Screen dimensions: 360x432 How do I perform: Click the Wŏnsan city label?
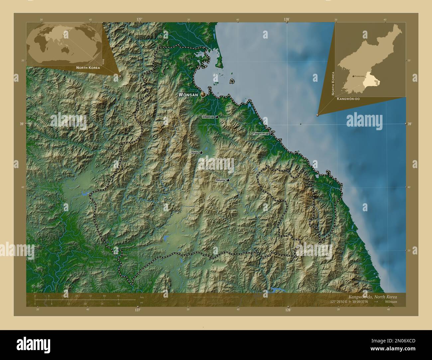tap(188, 95)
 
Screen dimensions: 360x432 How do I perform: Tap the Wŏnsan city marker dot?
tap(203, 95)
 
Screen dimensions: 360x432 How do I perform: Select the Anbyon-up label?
tap(208, 117)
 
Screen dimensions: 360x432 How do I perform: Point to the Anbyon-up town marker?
tap(217, 117)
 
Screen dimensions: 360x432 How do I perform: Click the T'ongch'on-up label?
tap(261, 134)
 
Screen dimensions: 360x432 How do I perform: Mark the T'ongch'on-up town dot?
tap(271, 134)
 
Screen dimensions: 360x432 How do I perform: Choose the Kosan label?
tap(195, 152)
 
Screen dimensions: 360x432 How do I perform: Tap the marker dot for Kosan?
tap(201, 152)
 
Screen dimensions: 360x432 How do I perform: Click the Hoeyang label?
tap(220, 180)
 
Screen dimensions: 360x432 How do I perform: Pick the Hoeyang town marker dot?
tap(228, 180)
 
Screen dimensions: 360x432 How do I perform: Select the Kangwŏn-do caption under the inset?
tap(348, 99)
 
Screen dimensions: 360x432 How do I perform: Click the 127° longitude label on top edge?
tap(139, 20)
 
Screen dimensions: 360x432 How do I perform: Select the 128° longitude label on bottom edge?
tap(288, 310)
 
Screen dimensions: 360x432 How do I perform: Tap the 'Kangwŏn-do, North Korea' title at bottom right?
tap(372, 296)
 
